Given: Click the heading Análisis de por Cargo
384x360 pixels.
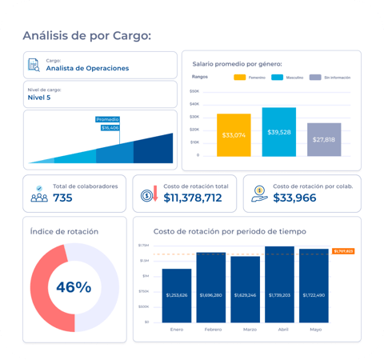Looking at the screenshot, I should [x=86, y=35].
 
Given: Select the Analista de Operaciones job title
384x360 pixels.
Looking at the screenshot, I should [x=87, y=69].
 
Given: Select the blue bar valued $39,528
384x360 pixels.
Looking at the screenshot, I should [x=278, y=132].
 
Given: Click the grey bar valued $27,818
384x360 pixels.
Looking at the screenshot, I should [x=324, y=139].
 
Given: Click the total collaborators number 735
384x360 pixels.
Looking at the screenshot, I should [x=63, y=198].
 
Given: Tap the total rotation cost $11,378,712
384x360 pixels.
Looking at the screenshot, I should [x=192, y=198].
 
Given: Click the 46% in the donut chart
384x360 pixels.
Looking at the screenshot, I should [x=74, y=286].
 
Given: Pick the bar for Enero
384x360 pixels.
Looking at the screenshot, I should [x=177, y=295].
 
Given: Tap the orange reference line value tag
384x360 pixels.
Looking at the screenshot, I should [x=342, y=251].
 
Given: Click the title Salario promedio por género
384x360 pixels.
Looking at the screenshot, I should [x=237, y=63].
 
